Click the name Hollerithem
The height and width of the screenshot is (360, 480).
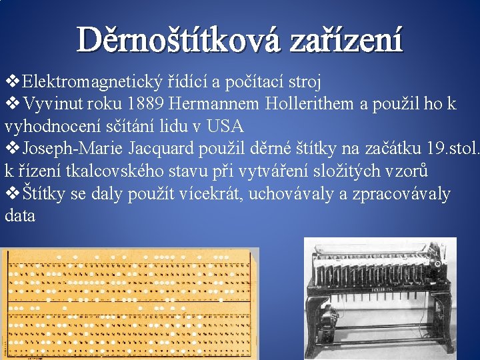pos(310,104)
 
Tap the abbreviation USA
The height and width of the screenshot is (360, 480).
pos(225,126)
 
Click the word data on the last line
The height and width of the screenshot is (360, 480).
pos(19,215)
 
